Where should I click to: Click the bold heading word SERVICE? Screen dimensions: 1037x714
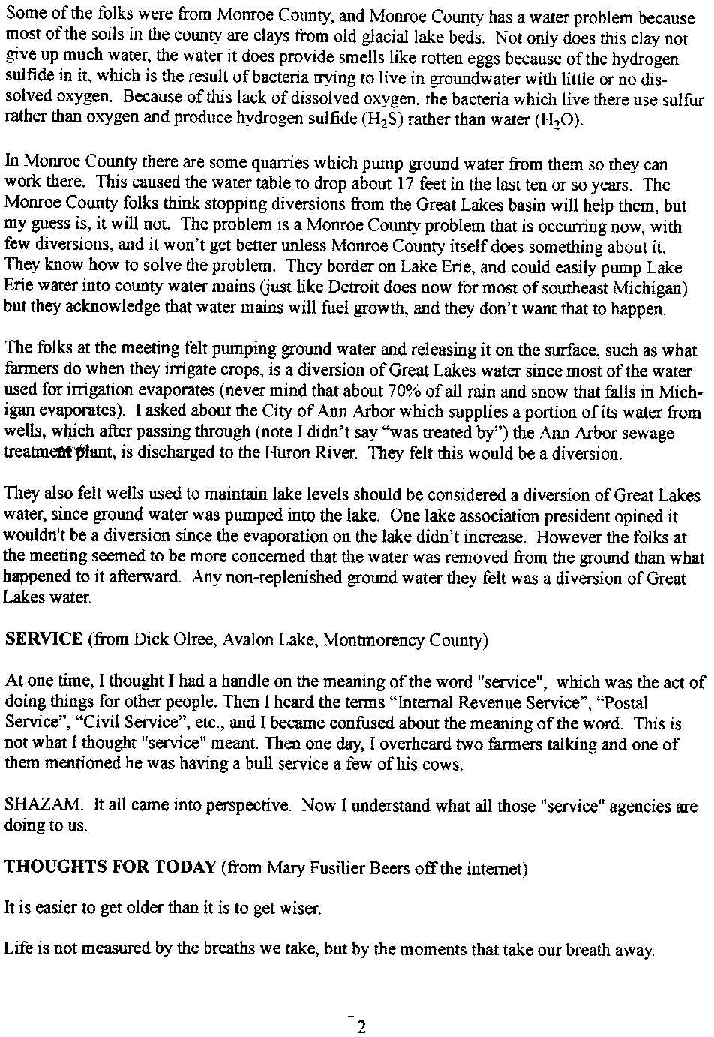pos(43,640)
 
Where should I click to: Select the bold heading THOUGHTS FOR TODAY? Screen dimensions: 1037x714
pos(110,867)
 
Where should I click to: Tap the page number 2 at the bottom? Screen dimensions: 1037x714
pos(361,1026)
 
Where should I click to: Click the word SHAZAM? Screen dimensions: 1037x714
pos(44,806)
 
